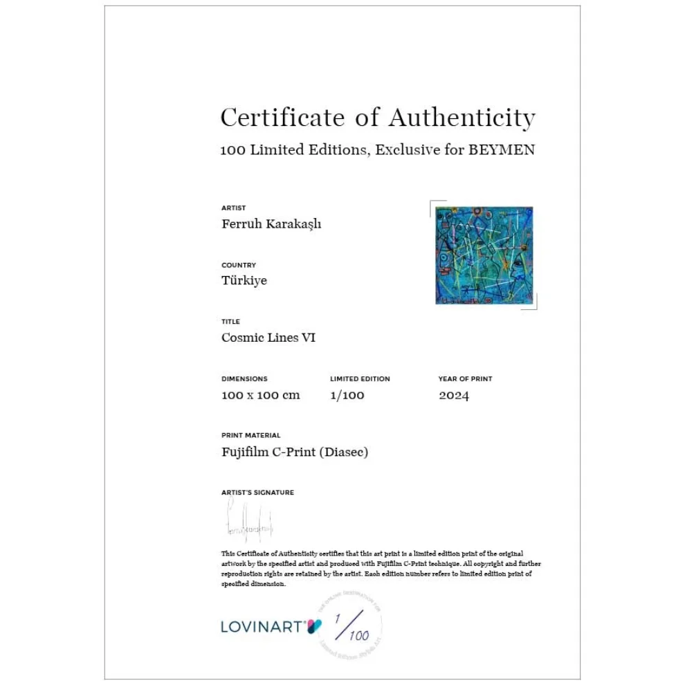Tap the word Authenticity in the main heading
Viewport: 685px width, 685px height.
(x=462, y=118)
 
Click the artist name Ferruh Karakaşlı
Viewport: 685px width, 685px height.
(x=271, y=224)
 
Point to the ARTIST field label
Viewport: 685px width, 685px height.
(x=233, y=208)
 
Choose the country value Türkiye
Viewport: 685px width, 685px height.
(x=244, y=281)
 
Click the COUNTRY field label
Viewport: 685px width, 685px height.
(x=238, y=265)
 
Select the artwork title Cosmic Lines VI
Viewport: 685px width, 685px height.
(x=268, y=338)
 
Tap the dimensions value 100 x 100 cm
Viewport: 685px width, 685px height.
(x=260, y=395)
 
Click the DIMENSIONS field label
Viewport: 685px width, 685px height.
(x=244, y=379)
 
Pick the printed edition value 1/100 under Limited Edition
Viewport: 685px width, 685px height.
(x=347, y=395)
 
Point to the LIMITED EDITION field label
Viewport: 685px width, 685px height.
(x=360, y=379)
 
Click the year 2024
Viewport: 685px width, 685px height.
(x=453, y=396)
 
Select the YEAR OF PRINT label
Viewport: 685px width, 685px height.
(x=465, y=379)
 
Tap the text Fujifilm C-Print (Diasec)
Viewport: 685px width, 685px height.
(x=295, y=453)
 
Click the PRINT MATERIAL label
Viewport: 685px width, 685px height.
(x=250, y=436)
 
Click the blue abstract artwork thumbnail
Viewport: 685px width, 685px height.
(x=484, y=255)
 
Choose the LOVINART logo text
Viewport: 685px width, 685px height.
(x=262, y=627)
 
